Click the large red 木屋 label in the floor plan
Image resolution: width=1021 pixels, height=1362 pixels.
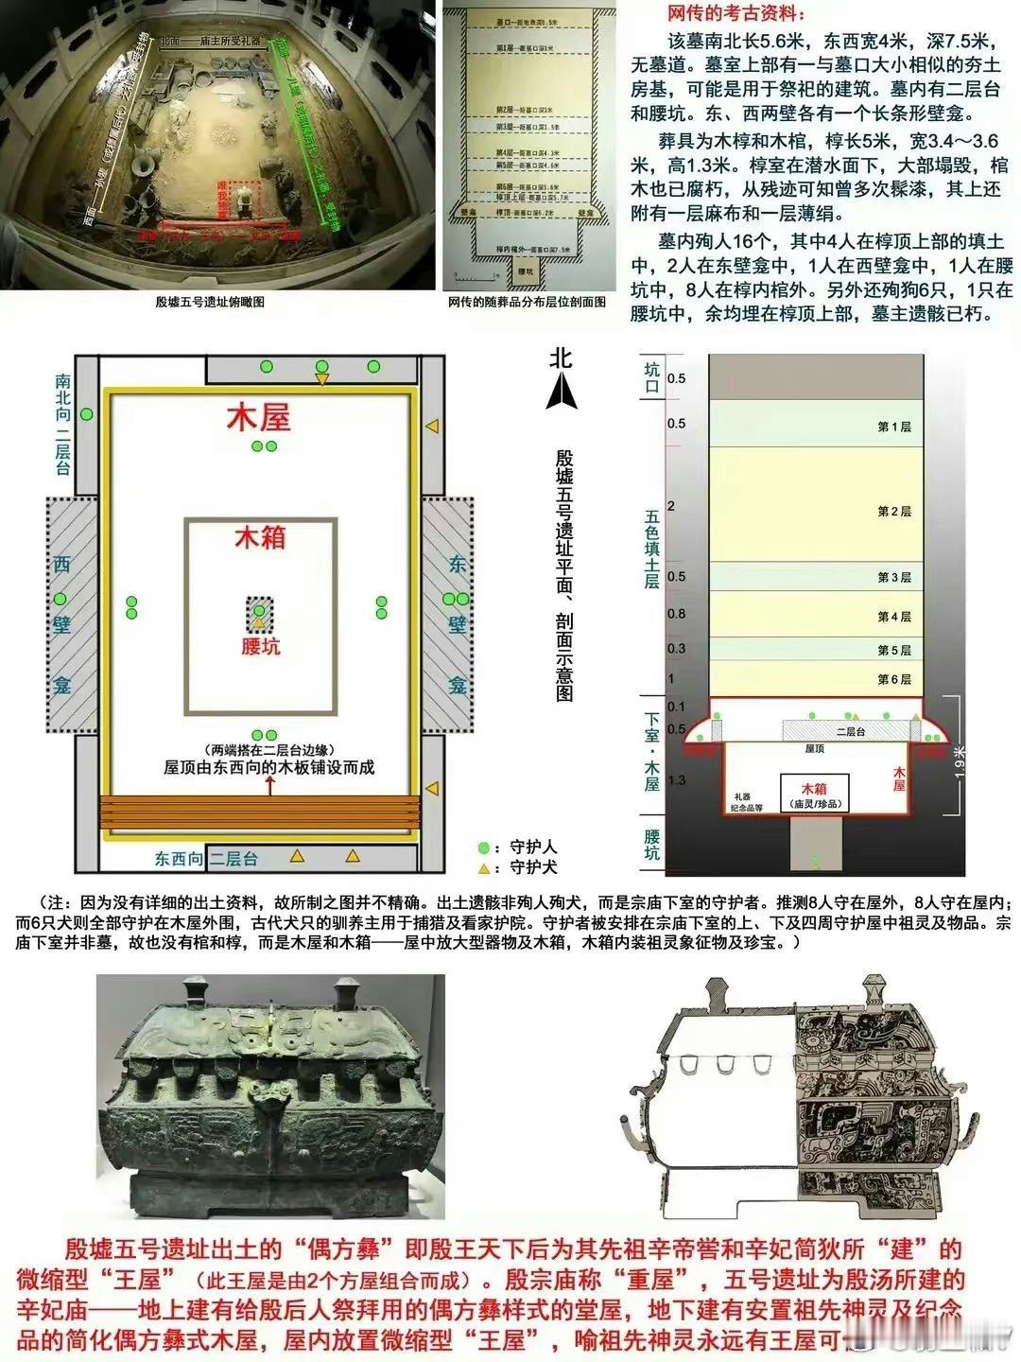pyautogui.click(x=258, y=418)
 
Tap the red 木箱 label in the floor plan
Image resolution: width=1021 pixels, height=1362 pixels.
pyautogui.click(x=259, y=538)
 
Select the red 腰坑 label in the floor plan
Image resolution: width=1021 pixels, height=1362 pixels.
pyautogui.click(x=260, y=647)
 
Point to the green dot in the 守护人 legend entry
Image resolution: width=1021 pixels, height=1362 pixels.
pyautogui.click(x=484, y=847)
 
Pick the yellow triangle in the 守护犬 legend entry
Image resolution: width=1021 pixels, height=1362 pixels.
pyautogui.click(x=484, y=867)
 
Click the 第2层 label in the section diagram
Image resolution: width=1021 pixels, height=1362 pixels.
pyautogui.click(x=893, y=512)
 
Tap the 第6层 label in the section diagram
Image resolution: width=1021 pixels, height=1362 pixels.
pyautogui.click(x=893, y=679)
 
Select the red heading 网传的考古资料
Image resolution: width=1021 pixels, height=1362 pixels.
pyautogui.click(x=724, y=15)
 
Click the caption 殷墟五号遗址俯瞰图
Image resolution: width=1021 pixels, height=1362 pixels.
pyautogui.click(x=210, y=302)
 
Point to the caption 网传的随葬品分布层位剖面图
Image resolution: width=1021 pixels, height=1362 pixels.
pyautogui.click(x=528, y=302)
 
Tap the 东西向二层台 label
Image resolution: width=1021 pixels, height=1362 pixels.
pyautogui.click(x=206, y=860)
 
